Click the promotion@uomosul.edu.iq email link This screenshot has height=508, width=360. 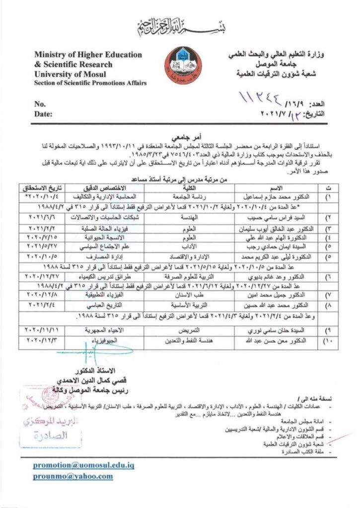84,465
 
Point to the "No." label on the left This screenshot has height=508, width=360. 40,104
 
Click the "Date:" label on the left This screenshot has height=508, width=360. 43,114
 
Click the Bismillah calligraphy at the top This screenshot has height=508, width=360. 180,24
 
